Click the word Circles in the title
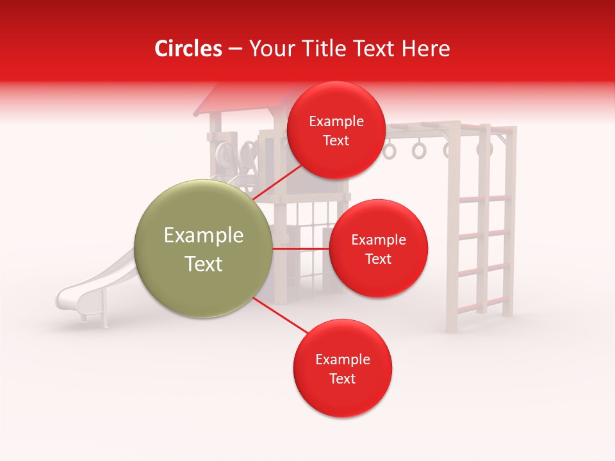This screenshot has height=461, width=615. tap(188, 49)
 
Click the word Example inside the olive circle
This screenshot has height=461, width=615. tap(204, 236)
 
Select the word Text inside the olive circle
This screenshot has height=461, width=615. tap(204, 264)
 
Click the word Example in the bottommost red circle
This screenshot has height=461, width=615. tap(343, 360)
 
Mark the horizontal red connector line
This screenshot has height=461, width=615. tap(301, 248)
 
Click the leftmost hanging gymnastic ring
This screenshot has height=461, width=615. tap(390, 150)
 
